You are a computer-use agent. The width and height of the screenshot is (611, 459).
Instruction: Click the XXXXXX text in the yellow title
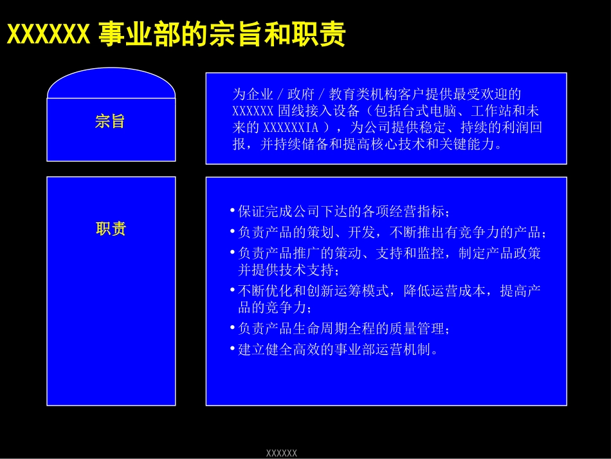49,34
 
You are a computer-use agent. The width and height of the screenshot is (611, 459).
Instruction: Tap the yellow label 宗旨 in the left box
110,121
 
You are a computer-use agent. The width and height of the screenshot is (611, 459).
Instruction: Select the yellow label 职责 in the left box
111,229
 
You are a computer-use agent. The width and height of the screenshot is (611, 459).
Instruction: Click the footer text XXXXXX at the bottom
281,453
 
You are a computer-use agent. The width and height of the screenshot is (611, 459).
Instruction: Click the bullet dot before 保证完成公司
232,211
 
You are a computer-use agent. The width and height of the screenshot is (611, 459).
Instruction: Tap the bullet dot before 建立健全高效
232,348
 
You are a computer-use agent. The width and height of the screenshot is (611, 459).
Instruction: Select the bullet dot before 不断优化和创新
232,290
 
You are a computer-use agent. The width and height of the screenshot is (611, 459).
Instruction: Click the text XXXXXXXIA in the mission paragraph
291,127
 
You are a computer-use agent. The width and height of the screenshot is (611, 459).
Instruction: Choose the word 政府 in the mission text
301,94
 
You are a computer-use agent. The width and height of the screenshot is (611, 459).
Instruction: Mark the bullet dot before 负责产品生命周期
232,328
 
